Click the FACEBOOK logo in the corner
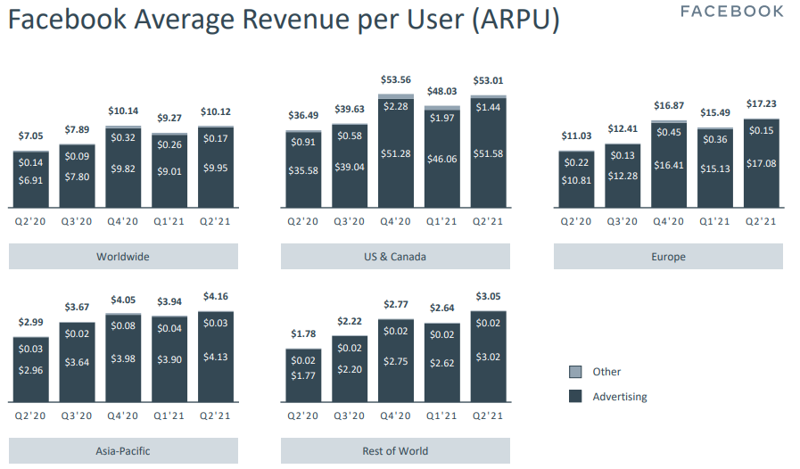(732, 12)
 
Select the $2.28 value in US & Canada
(396, 107)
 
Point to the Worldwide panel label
(123, 257)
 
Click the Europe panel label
(668, 257)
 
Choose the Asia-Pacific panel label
(123, 451)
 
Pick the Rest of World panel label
(395, 451)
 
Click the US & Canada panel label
(395, 257)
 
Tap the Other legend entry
(606, 372)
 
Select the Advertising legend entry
(620, 397)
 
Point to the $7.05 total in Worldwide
(31, 136)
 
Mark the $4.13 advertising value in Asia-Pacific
(216, 357)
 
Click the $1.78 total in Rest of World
(303, 334)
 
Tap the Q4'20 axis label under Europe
(668, 221)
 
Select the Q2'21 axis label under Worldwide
(216, 221)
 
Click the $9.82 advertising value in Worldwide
(123, 168)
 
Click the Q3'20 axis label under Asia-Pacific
(77, 416)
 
